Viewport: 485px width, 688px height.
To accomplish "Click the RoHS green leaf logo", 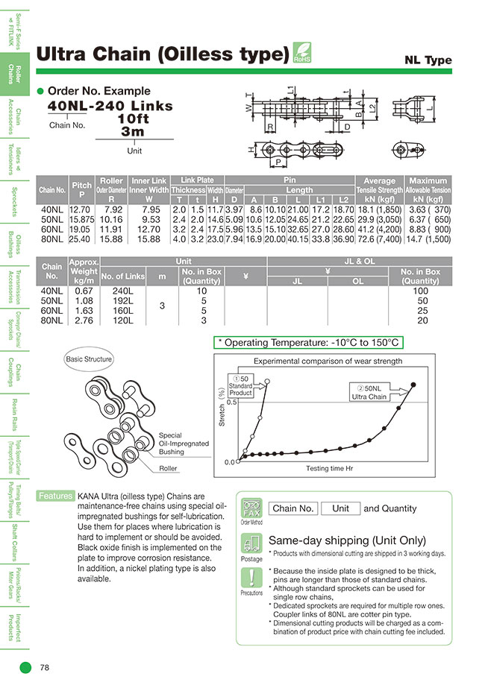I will coord(302,53).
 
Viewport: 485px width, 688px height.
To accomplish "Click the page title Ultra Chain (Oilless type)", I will coord(163,54).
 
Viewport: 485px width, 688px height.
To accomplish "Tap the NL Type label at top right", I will coord(428,60).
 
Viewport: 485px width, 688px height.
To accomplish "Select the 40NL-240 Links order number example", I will coord(110,106).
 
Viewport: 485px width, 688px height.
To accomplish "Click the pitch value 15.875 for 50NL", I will coord(81,220).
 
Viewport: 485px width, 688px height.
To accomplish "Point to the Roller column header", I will coord(111,180).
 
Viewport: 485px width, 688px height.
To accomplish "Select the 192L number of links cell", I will coord(122,300).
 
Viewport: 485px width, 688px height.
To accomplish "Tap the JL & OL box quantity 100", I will coord(422,291).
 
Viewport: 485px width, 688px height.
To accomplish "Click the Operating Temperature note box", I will coord(309,342).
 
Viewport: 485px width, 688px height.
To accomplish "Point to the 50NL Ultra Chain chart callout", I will coord(369,392).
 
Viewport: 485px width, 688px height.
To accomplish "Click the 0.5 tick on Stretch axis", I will coord(231,403).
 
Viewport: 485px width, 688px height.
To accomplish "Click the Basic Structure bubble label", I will coord(89,359).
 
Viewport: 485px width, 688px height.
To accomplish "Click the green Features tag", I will coord(54,496).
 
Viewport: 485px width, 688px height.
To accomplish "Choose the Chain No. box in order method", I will coord(293,508).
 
